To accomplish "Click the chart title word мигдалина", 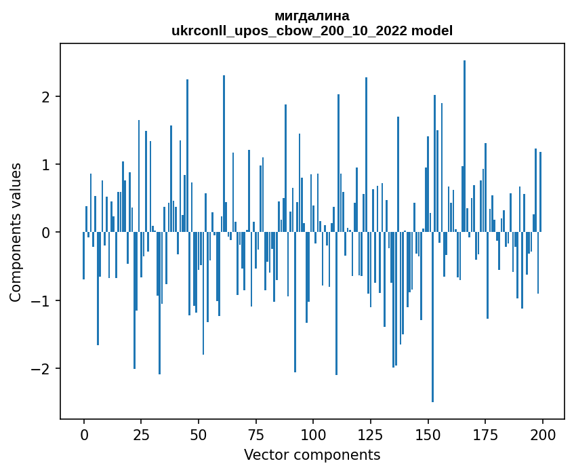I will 312,16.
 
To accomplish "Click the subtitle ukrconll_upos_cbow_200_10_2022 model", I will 312,31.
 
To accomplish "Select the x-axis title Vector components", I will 312,454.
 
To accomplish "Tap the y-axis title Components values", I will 16,232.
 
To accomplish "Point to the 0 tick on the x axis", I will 84,434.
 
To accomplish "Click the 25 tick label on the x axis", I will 141,434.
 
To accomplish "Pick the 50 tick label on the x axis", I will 199,434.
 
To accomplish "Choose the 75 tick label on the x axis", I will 256,434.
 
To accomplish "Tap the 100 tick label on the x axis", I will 313,434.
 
